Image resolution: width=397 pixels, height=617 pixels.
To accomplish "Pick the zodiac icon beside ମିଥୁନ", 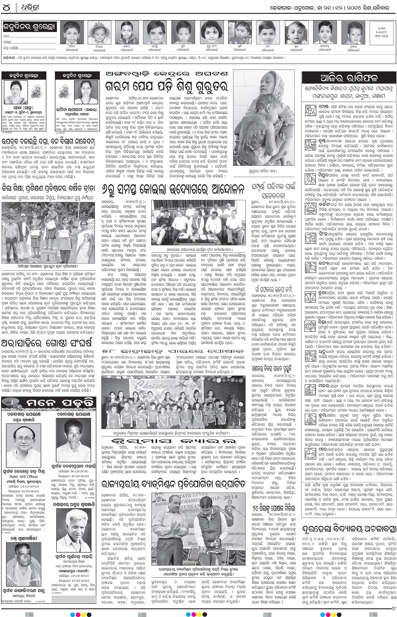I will (x=308, y=177).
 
